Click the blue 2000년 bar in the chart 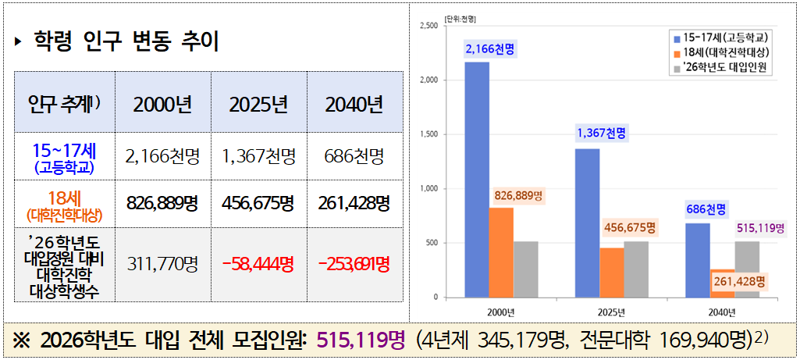pyautogui.click(x=477, y=180)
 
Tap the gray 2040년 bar pyautogui.click(x=747, y=269)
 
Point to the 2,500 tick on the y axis pyautogui.click(x=428, y=26)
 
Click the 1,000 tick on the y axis pyautogui.click(x=428, y=189)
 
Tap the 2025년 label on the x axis pyautogui.click(x=611, y=312)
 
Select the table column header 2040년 pyautogui.click(x=354, y=104)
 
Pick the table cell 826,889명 pyautogui.click(x=162, y=203)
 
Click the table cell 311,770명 pyautogui.click(x=162, y=263)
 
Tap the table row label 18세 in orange pyautogui.click(x=65, y=196)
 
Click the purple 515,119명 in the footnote pyautogui.click(x=361, y=340)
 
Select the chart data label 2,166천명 pyautogui.click(x=490, y=50)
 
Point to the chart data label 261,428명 pyautogui.click(x=738, y=280)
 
